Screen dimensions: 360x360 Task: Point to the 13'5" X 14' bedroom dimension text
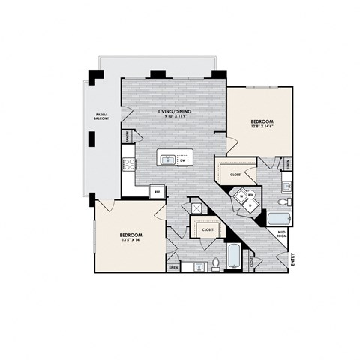[x=131, y=240]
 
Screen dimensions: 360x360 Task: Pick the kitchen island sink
[x=167, y=160]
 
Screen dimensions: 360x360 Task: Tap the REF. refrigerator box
[x=157, y=191]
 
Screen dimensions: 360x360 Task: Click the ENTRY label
[x=293, y=260]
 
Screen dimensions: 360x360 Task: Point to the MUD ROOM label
[x=281, y=233]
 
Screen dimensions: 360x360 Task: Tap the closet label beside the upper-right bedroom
[x=236, y=174]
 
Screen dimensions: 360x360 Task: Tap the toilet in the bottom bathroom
[x=215, y=262]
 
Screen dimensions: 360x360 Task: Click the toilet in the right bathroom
[x=283, y=202]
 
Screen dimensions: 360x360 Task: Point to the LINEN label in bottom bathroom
[x=173, y=266]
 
